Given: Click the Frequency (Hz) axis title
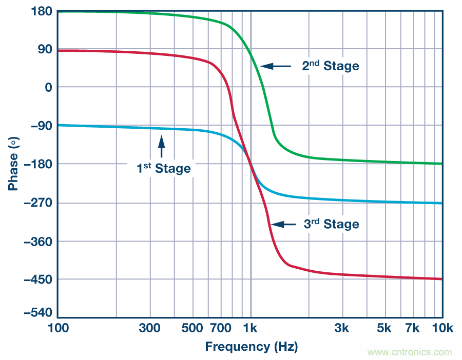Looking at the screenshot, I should pos(251,347).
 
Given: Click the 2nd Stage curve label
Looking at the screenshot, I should pos(330,66).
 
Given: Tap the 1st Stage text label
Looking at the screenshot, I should pos(163,168).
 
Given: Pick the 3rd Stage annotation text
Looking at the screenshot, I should pos(330,224).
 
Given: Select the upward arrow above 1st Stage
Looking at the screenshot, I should pos(162,146).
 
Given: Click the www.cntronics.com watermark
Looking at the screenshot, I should pos(410,352).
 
